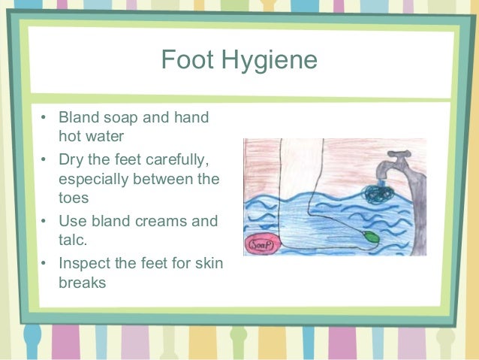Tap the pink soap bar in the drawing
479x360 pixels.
260,245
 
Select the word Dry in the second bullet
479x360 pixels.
72,159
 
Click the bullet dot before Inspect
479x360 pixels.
44,264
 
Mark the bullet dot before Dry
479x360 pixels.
44,159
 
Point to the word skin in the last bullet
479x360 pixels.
207,264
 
